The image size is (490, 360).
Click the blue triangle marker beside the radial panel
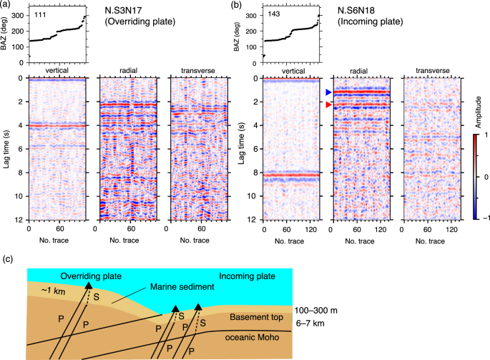click(328, 92)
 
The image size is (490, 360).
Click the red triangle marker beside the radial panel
click(328, 104)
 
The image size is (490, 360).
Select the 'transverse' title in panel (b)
click(432, 71)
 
